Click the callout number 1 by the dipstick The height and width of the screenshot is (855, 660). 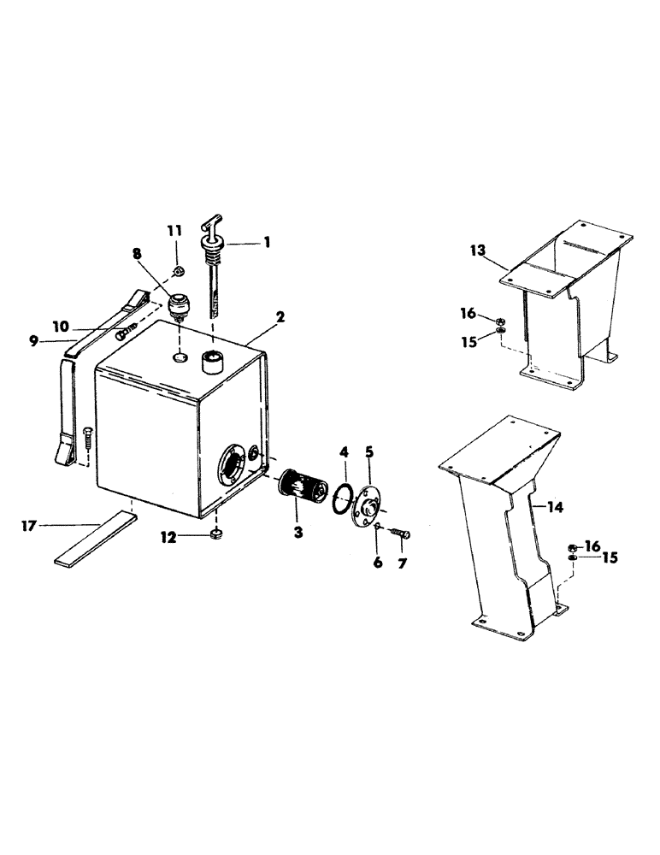click(267, 242)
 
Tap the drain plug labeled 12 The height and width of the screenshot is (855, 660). click(216, 536)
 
